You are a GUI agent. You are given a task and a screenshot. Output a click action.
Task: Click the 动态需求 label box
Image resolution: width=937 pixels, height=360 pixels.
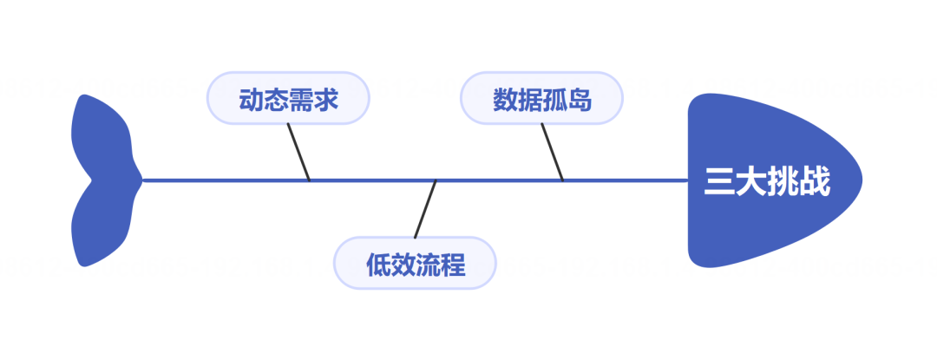288,98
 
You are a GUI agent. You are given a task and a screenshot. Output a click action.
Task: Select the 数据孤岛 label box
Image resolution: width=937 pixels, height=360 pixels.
541,98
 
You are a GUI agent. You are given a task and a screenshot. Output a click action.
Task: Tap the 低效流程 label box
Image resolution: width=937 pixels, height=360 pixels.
415,263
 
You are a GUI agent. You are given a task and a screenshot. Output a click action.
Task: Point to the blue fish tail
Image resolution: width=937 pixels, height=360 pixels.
102,180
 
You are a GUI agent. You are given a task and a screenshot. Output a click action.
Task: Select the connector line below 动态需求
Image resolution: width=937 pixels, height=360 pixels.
298,153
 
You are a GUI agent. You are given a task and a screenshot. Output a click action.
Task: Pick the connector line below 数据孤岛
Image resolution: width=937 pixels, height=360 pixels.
553,153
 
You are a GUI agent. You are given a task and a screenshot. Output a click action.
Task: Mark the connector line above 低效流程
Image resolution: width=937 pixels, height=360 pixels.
425,209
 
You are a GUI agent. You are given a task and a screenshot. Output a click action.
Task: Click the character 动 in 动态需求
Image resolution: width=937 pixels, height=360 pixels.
251,99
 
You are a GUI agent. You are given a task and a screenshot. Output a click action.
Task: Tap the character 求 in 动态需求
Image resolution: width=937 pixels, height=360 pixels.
325,99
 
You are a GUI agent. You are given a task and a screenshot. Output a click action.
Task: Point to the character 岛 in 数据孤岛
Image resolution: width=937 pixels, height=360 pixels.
580,99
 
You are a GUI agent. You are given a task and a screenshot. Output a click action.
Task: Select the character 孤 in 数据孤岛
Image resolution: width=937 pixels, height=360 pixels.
554,99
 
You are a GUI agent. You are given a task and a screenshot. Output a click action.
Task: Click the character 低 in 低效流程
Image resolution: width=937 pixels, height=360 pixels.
378,264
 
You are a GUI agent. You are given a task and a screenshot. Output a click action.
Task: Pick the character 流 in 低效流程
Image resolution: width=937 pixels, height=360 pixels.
428,264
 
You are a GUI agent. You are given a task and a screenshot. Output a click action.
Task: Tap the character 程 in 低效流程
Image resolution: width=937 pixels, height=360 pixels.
453,264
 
